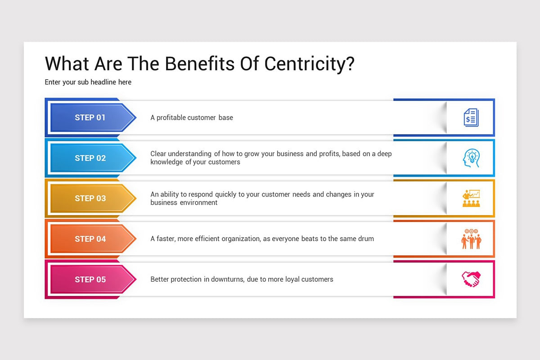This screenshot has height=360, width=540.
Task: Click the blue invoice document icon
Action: pos(471,117)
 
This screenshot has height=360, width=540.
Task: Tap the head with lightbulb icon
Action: pos(471,158)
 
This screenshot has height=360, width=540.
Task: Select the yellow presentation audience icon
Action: pos(471,198)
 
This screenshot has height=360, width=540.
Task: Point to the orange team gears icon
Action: pos(471,239)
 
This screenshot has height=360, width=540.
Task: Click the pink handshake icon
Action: pos(471,279)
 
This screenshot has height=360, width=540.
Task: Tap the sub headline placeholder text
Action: pos(88,82)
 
